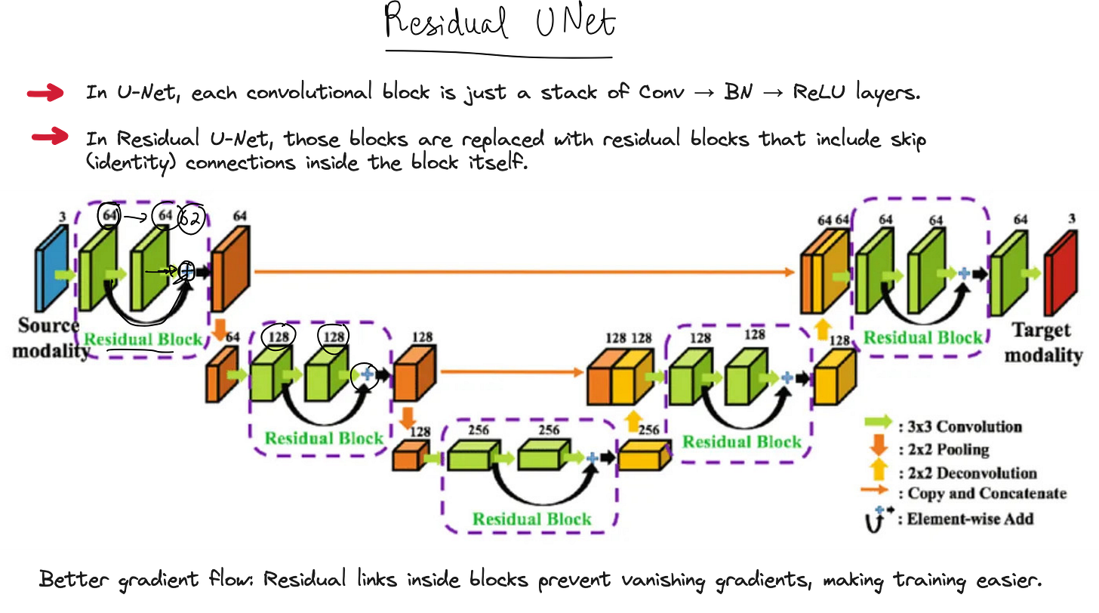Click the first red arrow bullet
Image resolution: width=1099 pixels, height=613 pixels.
tap(46, 94)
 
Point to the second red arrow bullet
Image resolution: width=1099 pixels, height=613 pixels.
tap(50, 138)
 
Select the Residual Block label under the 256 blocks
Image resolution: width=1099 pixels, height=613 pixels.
tap(531, 519)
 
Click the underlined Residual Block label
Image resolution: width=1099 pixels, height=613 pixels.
tap(143, 339)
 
